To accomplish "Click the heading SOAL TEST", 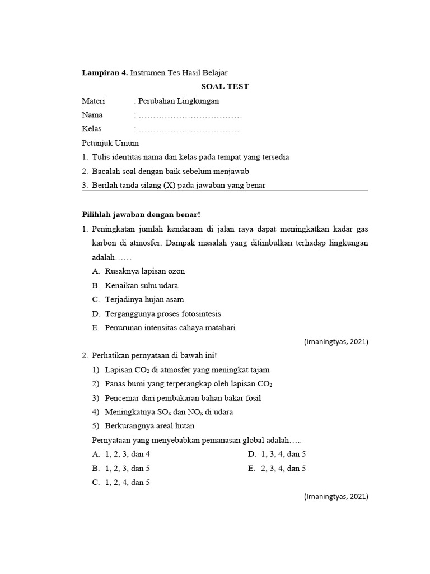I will pyautogui.click(x=225, y=86).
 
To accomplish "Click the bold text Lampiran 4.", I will pyautogui.click(x=105, y=72).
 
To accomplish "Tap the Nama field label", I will pyautogui.click(x=92, y=115).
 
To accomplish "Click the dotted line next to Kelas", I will pyautogui.click(x=190, y=129).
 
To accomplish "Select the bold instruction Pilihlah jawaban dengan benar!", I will pyautogui.click(x=141, y=214).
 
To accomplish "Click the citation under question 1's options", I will pyautogui.click(x=336, y=341).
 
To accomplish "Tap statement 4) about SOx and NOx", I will pyautogui.click(x=169, y=412).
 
